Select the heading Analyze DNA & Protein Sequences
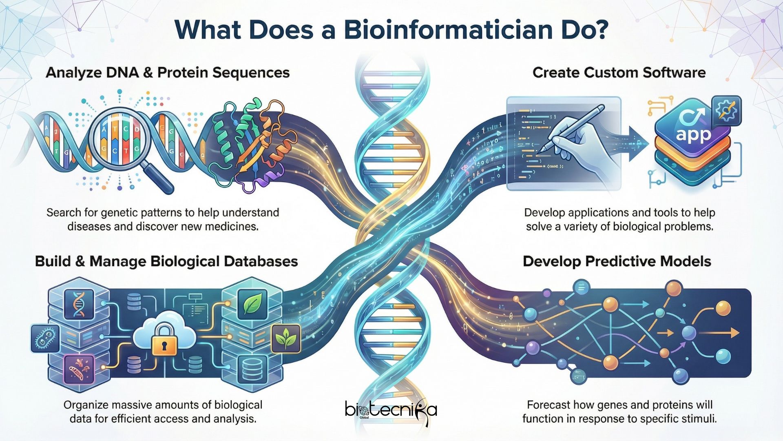[x=168, y=73]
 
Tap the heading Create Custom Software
[x=619, y=73]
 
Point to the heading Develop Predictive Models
[x=617, y=261]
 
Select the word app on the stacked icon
[x=693, y=134]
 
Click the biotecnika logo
[x=391, y=410]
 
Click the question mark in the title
[x=599, y=29]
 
